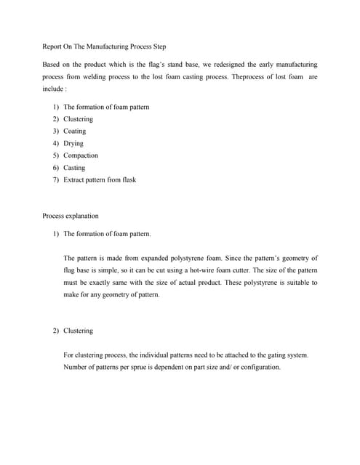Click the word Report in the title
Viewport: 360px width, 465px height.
pos(53,46)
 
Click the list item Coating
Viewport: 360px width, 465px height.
pos(74,132)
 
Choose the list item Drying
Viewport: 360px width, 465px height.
pos(73,144)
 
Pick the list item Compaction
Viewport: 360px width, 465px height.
pos(81,155)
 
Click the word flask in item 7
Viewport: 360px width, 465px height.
pos(127,180)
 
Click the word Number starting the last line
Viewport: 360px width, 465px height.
pos(77,367)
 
